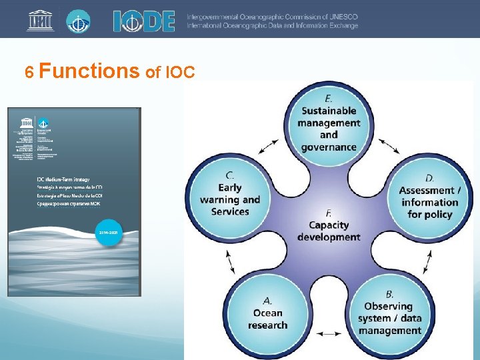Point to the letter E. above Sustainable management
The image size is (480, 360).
[x=329, y=97]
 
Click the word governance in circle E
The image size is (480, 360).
[x=329, y=147]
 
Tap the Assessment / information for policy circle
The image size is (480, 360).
[x=429, y=200]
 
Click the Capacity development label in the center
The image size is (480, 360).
[x=329, y=231]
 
